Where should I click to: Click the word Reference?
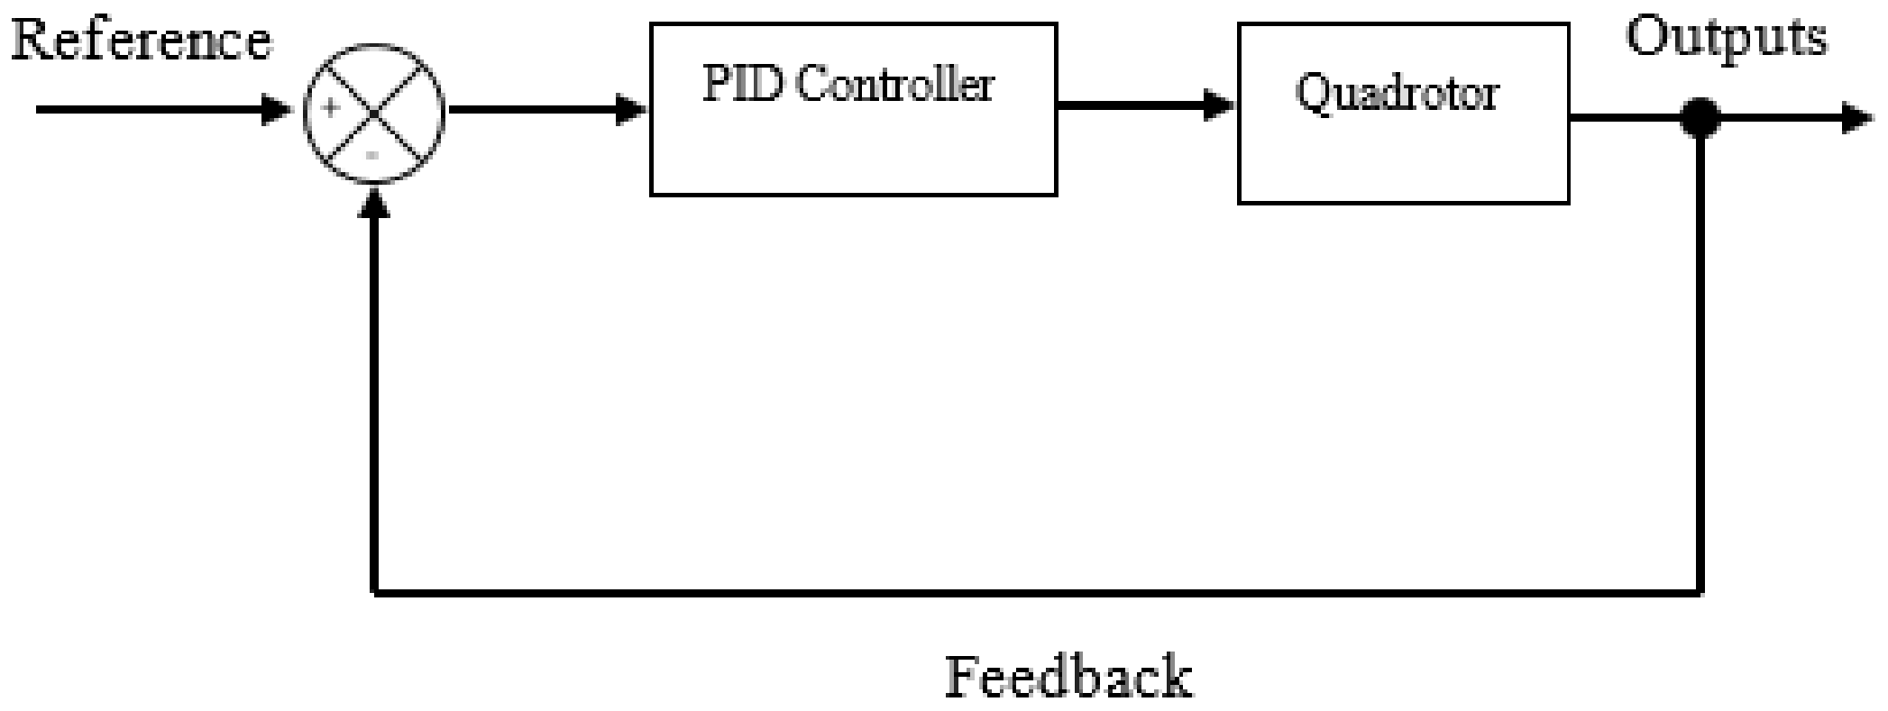point(141,41)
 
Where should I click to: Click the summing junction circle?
point(375,112)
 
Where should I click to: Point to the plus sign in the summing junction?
point(332,109)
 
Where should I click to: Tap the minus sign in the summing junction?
point(371,155)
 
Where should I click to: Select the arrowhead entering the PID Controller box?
point(631,111)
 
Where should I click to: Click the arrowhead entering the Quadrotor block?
point(1219,106)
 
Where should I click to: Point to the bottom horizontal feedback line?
point(1037,592)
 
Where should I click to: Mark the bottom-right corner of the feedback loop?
point(1700,592)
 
